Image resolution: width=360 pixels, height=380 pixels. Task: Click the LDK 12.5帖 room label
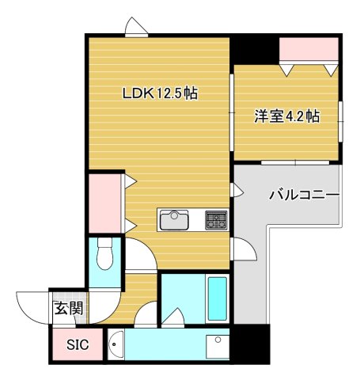pyautogui.click(x=160, y=93)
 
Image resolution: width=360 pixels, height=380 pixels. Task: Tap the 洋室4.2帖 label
pyautogui.click(x=287, y=116)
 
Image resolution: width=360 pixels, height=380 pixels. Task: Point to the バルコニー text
pyautogui.click(x=304, y=195)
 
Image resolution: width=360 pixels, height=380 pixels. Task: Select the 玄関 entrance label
pyautogui.click(x=69, y=308)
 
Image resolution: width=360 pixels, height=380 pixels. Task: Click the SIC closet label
pyautogui.click(x=78, y=344)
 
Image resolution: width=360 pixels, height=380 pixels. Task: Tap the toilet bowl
pyautogui.click(x=104, y=254)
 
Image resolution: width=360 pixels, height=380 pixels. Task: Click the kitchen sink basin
pyautogui.click(x=174, y=220)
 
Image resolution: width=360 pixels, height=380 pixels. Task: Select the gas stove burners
pyautogui.click(x=216, y=219)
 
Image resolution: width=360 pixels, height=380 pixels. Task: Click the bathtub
pyautogui.click(x=218, y=298)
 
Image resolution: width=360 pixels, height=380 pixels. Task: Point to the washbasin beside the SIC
pyautogui.click(x=116, y=344)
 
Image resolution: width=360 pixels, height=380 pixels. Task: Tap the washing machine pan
pyautogui.click(x=218, y=347)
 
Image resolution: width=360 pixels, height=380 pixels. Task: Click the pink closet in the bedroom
pyautogui.click(x=309, y=49)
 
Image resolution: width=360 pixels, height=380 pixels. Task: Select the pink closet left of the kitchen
pyautogui.click(x=104, y=203)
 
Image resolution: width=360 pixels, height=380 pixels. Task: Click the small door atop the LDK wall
pyautogui.click(x=136, y=28)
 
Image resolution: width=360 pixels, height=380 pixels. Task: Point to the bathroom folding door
pyautogui.click(x=173, y=317)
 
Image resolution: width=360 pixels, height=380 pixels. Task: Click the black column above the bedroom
pyautogui.click(x=255, y=50)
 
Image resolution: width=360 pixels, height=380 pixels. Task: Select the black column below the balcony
pyautogui.click(x=252, y=344)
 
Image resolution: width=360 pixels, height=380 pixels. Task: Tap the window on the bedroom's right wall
pyautogui.click(x=341, y=121)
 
